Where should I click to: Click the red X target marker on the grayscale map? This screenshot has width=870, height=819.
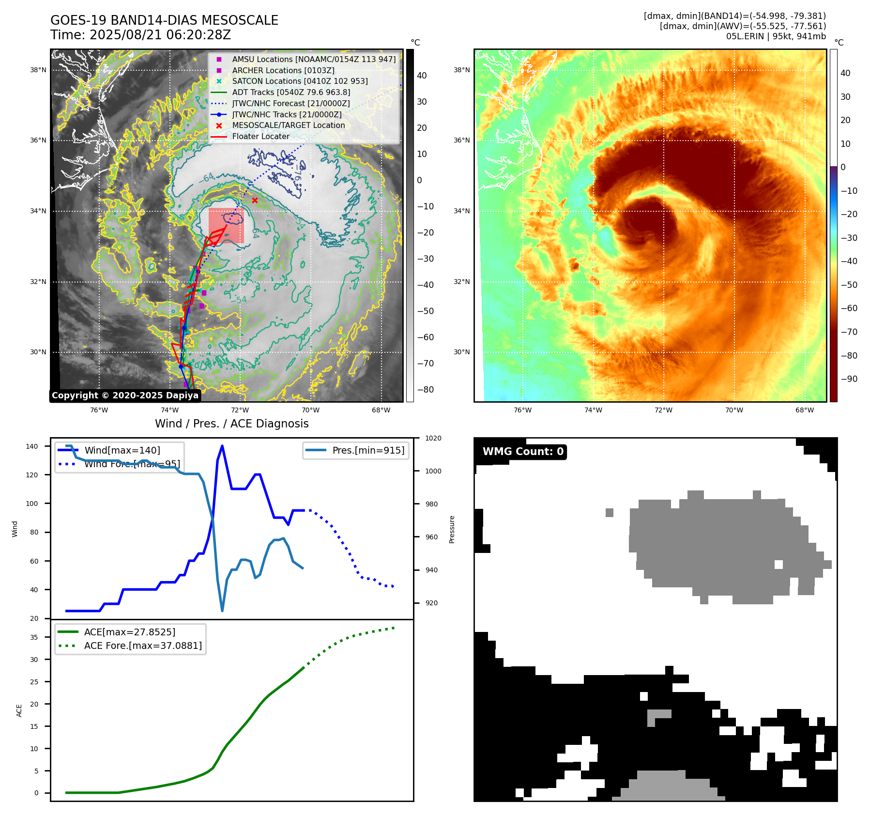(255, 200)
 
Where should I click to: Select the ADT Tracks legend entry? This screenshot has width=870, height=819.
(290, 92)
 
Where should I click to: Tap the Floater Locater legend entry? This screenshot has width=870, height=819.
(260, 136)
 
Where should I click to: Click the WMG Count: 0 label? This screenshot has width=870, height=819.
(523, 452)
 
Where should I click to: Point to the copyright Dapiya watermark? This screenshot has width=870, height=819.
(125, 395)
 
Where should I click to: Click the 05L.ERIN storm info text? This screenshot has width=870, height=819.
(776, 36)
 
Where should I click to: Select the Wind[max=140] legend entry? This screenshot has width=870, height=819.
(122, 450)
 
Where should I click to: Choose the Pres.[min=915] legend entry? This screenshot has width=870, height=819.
(368, 450)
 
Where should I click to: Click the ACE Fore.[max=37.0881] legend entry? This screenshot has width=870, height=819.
(143, 646)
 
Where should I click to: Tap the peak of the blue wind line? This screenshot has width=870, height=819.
(222, 446)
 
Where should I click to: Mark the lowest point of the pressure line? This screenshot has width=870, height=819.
(222, 611)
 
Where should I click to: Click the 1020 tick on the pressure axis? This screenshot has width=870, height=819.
(433, 438)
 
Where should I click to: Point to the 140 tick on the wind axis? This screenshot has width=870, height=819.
(32, 446)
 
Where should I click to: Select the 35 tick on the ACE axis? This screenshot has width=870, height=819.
(34, 637)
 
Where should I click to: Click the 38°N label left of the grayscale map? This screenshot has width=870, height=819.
(38, 70)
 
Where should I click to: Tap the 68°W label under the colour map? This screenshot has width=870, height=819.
(804, 410)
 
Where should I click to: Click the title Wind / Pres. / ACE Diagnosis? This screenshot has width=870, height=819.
(231, 424)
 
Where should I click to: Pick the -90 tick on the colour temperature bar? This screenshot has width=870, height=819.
(849, 379)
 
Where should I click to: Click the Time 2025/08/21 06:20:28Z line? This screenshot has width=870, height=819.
(140, 35)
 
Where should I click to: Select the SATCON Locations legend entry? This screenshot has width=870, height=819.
(300, 81)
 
